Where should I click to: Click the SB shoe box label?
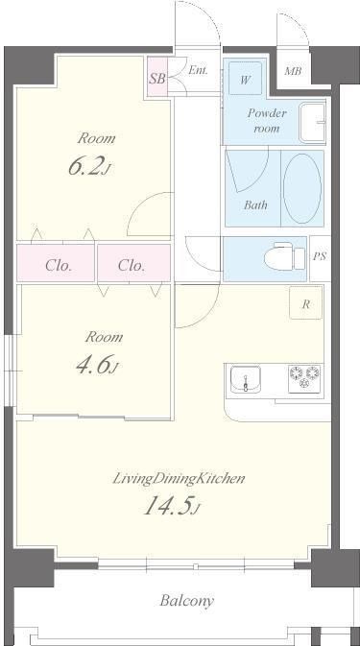click(x=156, y=79)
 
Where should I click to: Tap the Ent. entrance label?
click(x=198, y=70)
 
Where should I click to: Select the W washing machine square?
click(x=246, y=79)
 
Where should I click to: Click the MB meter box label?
click(x=293, y=71)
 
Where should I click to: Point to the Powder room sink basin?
click(x=313, y=123)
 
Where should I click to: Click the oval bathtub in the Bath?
click(x=302, y=189)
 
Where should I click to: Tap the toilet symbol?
click(x=284, y=256)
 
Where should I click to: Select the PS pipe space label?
click(x=320, y=256)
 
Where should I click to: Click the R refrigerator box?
click(x=306, y=302)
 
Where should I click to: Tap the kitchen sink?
click(x=246, y=379)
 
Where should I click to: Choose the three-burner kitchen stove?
click(x=305, y=378)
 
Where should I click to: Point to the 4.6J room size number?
click(x=98, y=366)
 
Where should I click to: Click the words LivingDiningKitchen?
click(x=179, y=479)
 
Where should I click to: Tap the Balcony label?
click(x=187, y=601)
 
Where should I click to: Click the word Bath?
click(x=255, y=204)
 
